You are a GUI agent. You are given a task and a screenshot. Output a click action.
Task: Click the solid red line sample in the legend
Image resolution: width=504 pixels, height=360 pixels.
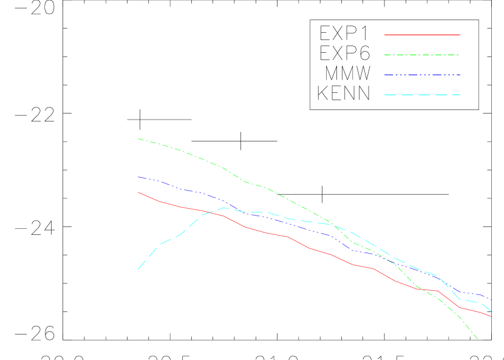pyautogui.click(x=422, y=35)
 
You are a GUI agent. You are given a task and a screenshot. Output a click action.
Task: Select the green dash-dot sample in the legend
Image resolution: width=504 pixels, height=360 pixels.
pyautogui.click(x=422, y=55)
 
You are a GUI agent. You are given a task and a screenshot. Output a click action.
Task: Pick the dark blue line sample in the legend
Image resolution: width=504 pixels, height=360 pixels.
pyautogui.click(x=422, y=75)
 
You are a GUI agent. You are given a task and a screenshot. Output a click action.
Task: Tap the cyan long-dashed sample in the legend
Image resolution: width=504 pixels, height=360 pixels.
pyautogui.click(x=422, y=95)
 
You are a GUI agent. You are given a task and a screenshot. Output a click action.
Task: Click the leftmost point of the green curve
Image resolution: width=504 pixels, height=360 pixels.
pyautogui.click(x=138, y=138)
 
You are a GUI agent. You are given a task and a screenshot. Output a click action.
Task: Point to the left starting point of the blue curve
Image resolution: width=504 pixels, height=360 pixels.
pyautogui.click(x=138, y=177)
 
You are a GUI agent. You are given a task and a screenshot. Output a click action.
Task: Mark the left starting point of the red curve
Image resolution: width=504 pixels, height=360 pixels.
pyautogui.click(x=138, y=192)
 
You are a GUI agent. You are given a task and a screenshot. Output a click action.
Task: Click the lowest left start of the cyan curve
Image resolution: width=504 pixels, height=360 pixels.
pyautogui.click(x=138, y=269)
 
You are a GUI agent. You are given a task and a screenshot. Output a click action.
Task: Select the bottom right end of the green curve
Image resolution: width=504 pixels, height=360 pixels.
pyautogui.click(x=478, y=339)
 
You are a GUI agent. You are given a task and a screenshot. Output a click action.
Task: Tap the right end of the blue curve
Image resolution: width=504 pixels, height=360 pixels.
pyautogui.click(x=491, y=299)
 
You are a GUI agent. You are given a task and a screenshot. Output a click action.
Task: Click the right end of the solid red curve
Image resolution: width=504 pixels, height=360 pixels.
pyautogui.click(x=491, y=316)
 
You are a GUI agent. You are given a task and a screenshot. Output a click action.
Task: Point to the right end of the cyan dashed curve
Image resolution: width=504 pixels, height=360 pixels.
pyautogui.click(x=491, y=311)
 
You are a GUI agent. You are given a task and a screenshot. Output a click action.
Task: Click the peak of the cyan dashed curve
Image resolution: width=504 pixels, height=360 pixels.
pyautogui.click(x=224, y=207)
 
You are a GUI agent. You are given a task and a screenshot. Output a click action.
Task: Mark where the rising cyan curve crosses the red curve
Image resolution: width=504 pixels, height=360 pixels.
pyautogui.click(x=207, y=212)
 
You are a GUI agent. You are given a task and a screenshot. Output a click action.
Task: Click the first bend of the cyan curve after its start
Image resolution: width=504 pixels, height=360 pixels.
pyautogui.click(x=160, y=245)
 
